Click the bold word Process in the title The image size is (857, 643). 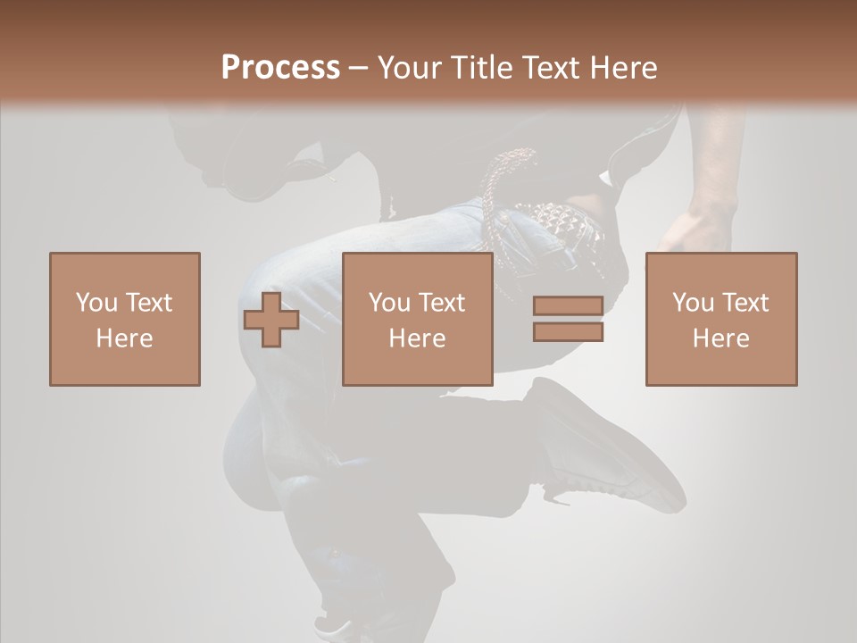[x=280, y=68]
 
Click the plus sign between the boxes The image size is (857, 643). [x=271, y=320]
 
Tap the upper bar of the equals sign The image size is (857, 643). [x=568, y=306]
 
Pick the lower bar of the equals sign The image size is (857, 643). [x=568, y=332]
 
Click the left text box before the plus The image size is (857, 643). [x=125, y=319]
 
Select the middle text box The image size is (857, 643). [x=418, y=319]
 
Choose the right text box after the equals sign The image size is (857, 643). [x=721, y=319]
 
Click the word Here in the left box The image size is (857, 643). [x=124, y=338]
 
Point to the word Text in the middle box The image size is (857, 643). [x=441, y=303]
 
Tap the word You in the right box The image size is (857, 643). [x=693, y=303]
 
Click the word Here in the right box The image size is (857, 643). [x=720, y=338]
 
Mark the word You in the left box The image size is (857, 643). [x=96, y=303]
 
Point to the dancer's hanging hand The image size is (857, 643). [x=696, y=228]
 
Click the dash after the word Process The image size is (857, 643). [x=358, y=68]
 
